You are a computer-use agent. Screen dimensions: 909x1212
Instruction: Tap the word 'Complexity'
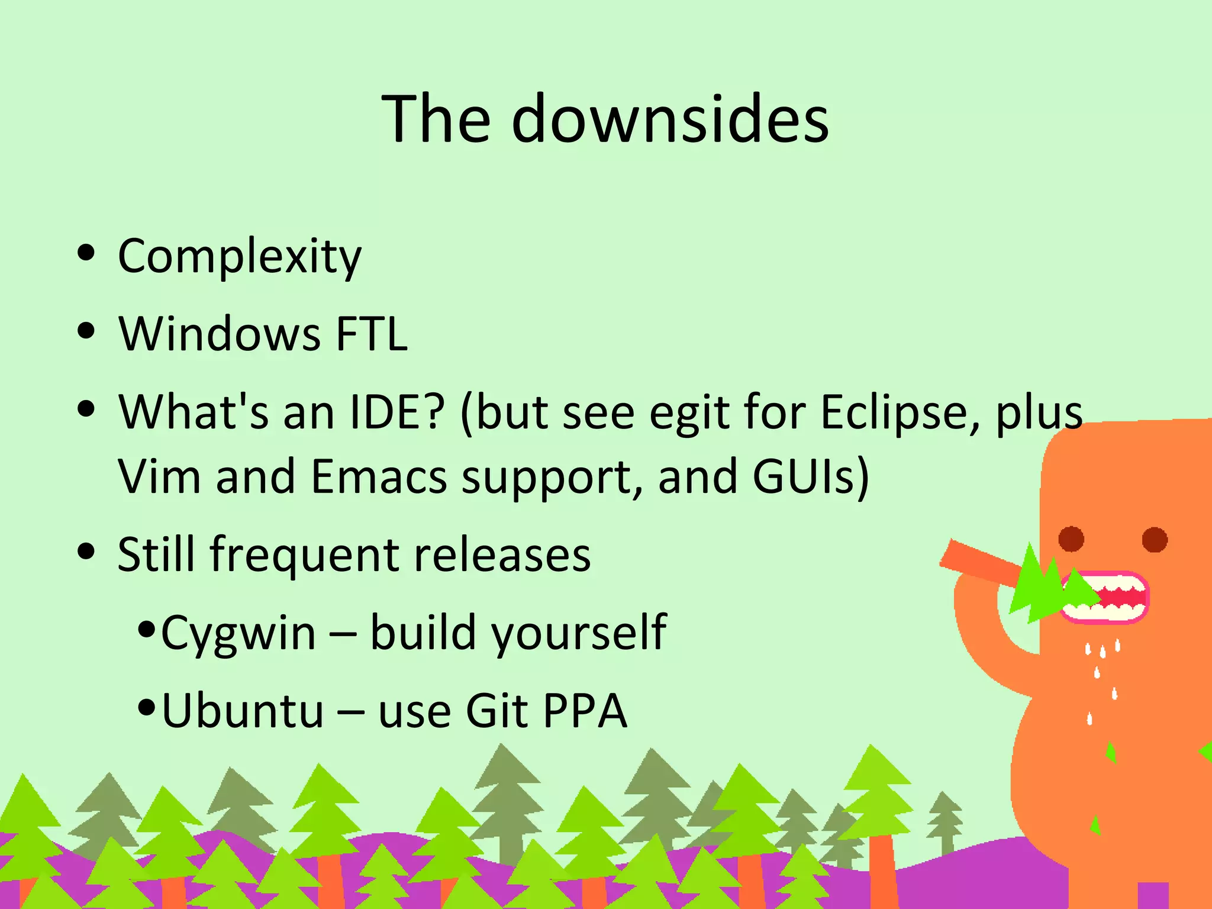pos(240,257)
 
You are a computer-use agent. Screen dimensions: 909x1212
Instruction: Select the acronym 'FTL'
pos(372,334)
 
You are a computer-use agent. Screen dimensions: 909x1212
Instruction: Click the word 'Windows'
pos(220,334)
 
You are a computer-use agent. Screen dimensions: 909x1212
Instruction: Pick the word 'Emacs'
pos(379,476)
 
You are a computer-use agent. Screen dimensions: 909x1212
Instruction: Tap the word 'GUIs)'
pos(811,476)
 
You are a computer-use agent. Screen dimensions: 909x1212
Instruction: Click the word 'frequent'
pos(304,555)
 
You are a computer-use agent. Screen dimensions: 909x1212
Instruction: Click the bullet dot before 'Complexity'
pos(86,253)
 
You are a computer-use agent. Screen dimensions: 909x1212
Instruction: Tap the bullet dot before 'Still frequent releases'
pos(86,551)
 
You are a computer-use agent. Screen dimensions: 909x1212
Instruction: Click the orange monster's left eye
pos(1071,539)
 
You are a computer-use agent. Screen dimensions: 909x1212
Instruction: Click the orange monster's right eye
pos(1155,539)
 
